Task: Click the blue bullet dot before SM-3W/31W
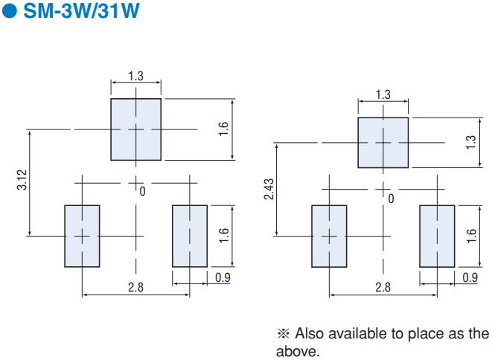[9, 10]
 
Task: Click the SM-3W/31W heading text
[82, 10]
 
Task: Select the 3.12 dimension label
[22, 180]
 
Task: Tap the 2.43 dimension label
[269, 189]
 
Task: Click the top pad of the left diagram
[136, 129]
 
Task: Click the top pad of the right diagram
[383, 143]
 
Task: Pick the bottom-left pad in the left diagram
[82, 236]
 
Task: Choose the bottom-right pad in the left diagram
[190, 236]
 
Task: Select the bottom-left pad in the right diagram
[329, 236]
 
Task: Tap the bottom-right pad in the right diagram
[437, 236]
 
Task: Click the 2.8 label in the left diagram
[136, 287]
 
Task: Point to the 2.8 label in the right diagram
[383, 287]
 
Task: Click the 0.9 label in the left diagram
[223, 277]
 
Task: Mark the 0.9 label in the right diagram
[470, 277]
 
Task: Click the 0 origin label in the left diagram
[142, 191]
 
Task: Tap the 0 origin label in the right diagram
[391, 199]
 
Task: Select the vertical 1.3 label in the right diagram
[470, 142]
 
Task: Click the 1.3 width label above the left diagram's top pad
[136, 76]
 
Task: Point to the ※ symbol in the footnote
[284, 334]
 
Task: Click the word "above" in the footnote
[298, 351]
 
